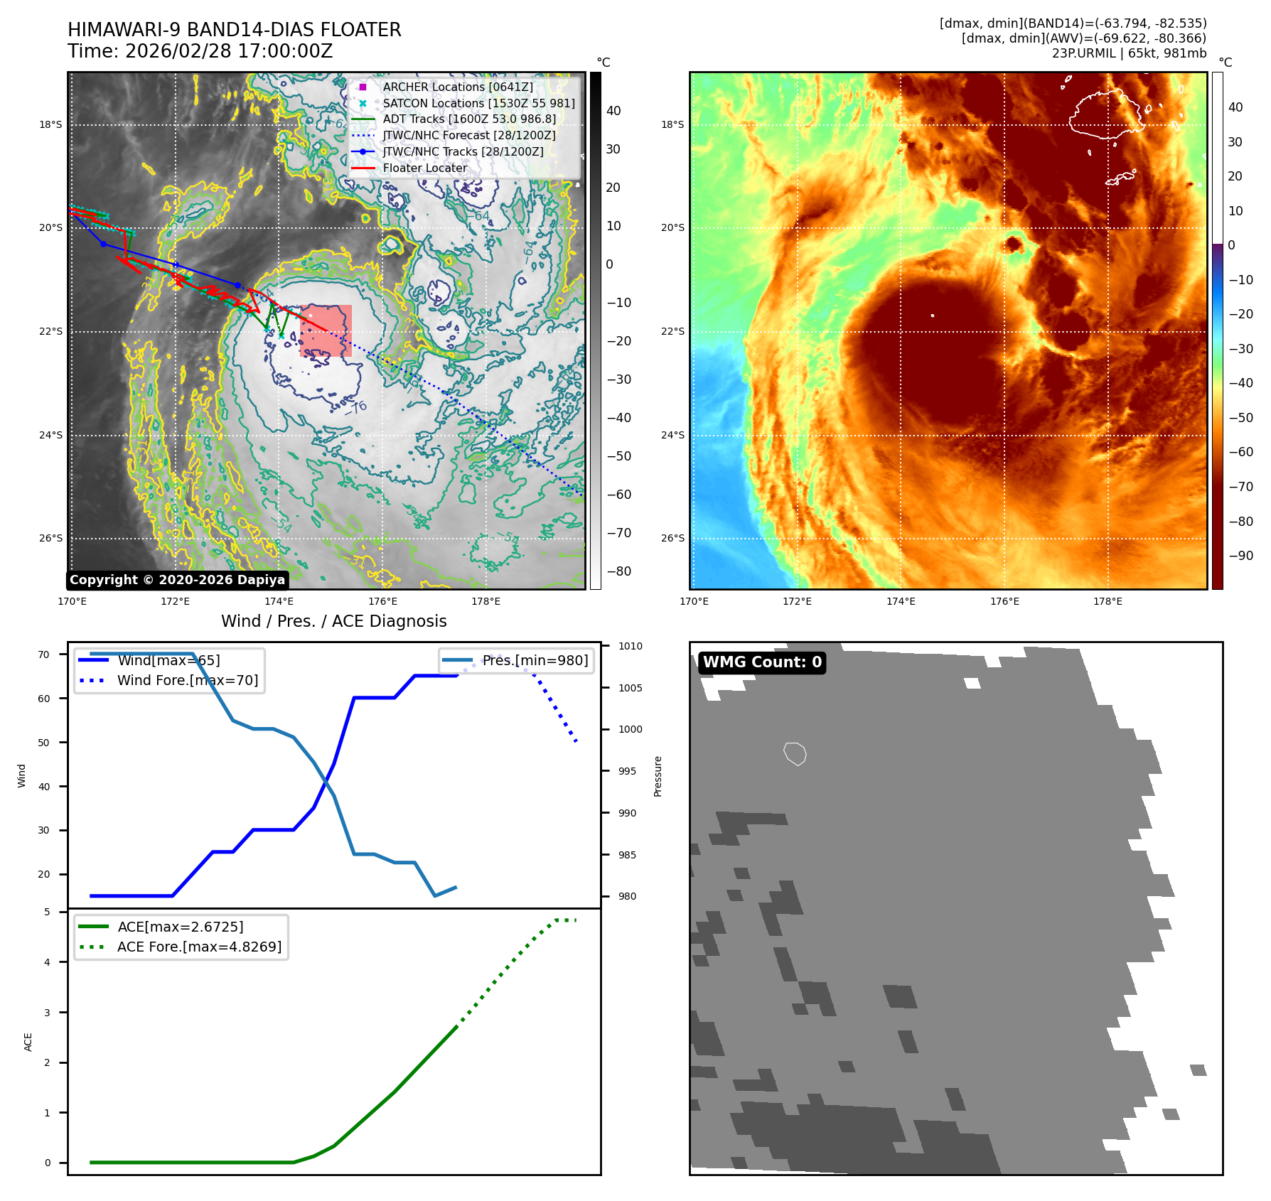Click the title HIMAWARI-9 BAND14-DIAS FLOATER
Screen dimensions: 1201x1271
(x=234, y=30)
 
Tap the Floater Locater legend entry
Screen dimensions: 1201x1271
(x=424, y=168)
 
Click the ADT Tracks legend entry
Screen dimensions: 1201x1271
(x=468, y=119)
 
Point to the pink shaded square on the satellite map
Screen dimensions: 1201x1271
(x=326, y=330)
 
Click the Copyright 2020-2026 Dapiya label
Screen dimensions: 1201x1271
(x=177, y=580)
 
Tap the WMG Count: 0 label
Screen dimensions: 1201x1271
(x=762, y=662)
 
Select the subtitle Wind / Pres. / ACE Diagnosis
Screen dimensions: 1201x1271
(x=333, y=621)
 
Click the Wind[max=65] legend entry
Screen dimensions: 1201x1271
(x=168, y=660)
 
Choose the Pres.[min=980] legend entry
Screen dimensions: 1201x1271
(x=535, y=660)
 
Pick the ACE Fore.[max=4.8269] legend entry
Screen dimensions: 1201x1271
(x=199, y=947)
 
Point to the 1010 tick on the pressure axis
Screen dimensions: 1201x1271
(x=630, y=646)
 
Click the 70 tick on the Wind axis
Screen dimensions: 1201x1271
(x=44, y=655)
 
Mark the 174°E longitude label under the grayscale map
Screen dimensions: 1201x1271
(x=279, y=601)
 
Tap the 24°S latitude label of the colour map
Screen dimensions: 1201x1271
(x=672, y=435)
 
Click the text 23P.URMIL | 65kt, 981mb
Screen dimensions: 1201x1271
(x=1129, y=53)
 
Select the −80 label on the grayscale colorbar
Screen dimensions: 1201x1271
(x=618, y=571)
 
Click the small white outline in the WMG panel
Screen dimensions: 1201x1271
(x=795, y=753)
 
